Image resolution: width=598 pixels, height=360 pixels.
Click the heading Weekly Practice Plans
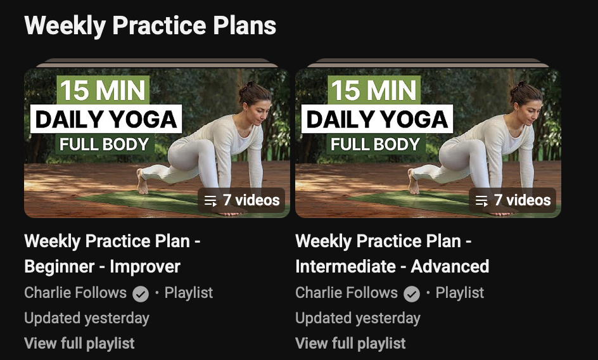pyautogui.click(x=150, y=25)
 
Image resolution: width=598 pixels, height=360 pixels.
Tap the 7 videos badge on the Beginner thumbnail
pyautogui.click(x=241, y=200)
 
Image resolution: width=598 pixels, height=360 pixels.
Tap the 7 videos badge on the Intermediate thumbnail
pyautogui.click(x=512, y=200)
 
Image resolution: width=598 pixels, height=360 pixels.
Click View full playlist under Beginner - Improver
pyautogui.click(x=79, y=343)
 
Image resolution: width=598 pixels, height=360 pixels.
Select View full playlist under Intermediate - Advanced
pyautogui.click(x=350, y=343)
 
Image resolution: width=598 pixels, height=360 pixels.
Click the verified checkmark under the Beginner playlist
pyautogui.click(x=141, y=294)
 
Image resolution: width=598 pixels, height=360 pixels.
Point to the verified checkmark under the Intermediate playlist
pyautogui.click(x=412, y=294)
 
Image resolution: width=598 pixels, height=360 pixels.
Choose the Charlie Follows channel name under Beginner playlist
pyautogui.click(x=75, y=293)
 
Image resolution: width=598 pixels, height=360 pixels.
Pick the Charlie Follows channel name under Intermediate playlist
pyautogui.click(x=347, y=293)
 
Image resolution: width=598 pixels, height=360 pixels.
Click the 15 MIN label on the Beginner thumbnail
pyautogui.click(x=103, y=90)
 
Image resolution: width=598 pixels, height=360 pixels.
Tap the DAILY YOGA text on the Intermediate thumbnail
pyautogui.click(x=377, y=119)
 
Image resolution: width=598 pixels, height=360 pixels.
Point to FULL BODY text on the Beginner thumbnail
pyautogui.click(x=105, y=145)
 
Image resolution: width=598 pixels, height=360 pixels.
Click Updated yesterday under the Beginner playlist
pyautogui.click(x=87, y=318)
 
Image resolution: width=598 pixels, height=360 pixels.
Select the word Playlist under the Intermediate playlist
pyautogui.click(x=460, y=293)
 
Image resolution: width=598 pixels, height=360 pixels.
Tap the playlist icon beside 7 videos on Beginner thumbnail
pyautogui.click(x=210, y=201)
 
